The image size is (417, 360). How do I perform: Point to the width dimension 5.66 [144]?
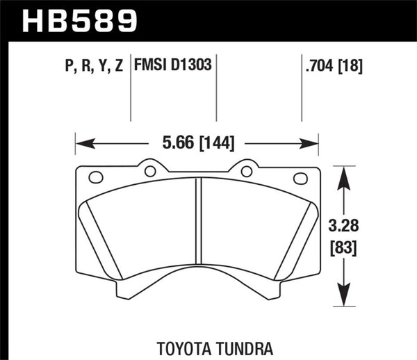click(197, 144)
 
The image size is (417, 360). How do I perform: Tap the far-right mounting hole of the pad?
click(301, 178)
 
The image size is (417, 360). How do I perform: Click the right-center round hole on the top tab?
click(245, 171)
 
